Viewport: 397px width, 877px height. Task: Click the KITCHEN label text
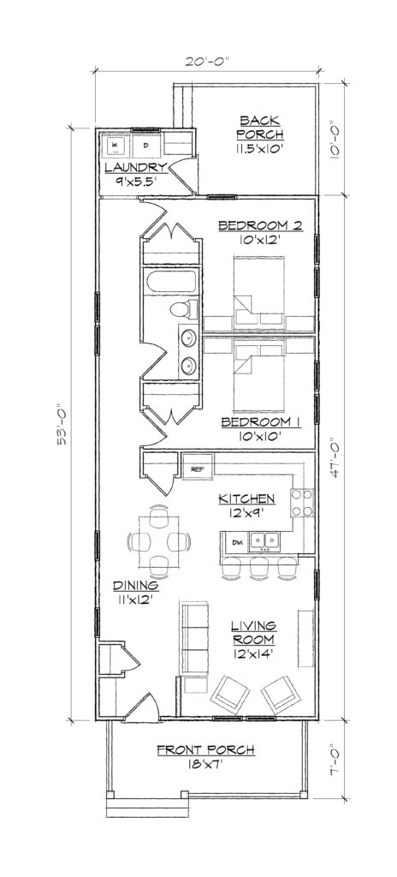(246, 498)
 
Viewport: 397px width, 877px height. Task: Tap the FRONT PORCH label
(206, 751)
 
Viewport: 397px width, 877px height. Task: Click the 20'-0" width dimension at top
(206, 61)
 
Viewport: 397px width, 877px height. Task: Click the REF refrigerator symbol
(197, 469)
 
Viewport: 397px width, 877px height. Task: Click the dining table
(157, 541)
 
